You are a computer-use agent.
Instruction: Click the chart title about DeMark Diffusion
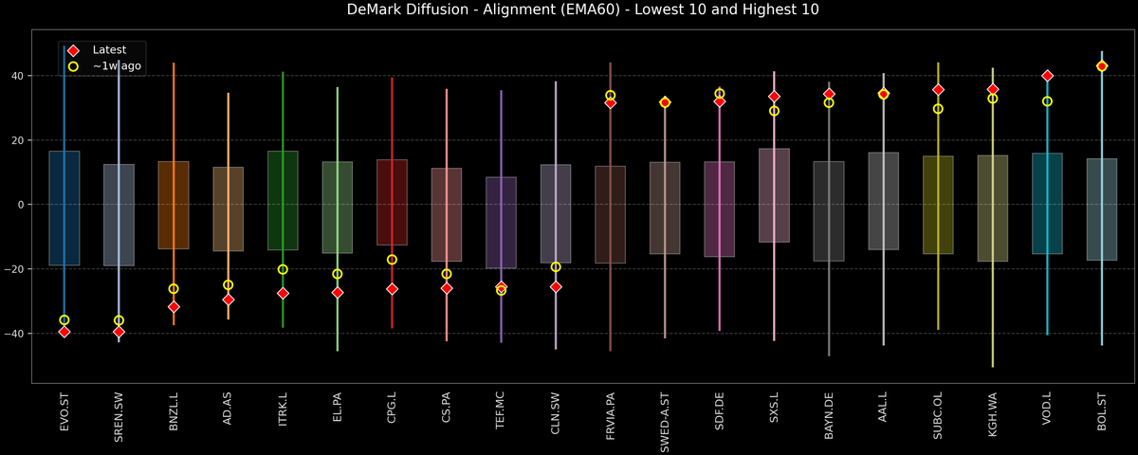pyautogui.click(x=569, y=10)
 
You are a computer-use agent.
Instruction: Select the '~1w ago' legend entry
pyautogui.click(x=111, y=66)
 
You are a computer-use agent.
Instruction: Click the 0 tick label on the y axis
pyautogui.click(x=22, y=205)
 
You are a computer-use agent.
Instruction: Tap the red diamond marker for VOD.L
pyautogui.click(x=1047, y=76)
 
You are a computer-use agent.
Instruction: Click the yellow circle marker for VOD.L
pyautogui.click(x=1047, y=101)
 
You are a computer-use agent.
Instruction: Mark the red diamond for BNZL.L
pyautogui.click(x=174, y=307)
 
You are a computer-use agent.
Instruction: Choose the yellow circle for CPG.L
pyautogui.click(x=392, y=260)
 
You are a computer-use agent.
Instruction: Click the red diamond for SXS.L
pyautogui.click(x=774, y=97)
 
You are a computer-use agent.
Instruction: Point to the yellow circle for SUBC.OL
pyautogui.click(x=938, y=109)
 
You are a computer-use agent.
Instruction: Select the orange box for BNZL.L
pyautogui.click(x=174, y=205)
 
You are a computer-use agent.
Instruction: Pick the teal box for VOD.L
pyautogui.click(x=1047, y=204)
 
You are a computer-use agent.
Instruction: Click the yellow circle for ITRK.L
pyautogui.click(x=283, y=269)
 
